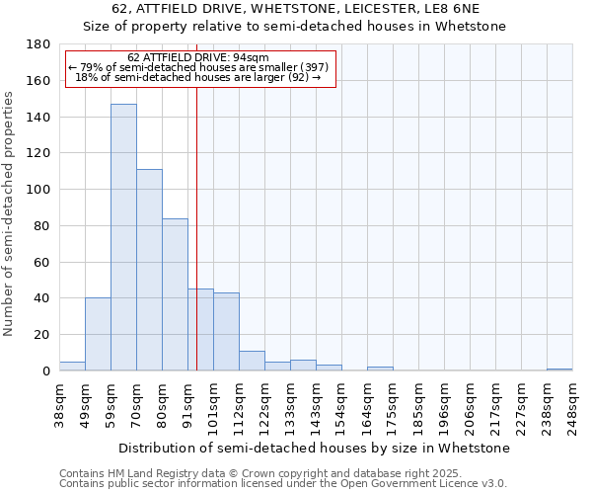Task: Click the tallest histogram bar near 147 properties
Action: coord(123,237)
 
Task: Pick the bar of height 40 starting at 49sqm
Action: coord(98,334)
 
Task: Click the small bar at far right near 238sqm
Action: coord(559,370)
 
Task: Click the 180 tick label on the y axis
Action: coord(39,44)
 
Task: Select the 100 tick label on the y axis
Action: coord(39,190)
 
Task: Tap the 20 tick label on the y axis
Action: coord(43,335)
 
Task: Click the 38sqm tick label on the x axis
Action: coord(59,402)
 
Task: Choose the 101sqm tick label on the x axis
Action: coord(213,404)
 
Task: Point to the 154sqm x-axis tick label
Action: coord(341,404)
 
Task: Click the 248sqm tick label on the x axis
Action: coord(572,404)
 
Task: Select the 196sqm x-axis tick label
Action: coord(444,404)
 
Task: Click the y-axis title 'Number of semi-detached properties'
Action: coord(10,213)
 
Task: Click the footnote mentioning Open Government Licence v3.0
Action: coord(283,484)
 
